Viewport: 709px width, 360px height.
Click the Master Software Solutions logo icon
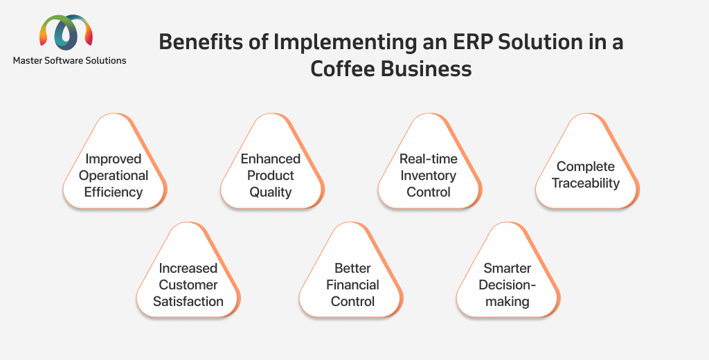[66, 32]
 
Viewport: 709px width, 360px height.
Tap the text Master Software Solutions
[70, 61]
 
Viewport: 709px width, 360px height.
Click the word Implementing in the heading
[345, 43]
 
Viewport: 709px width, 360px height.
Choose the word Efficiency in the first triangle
[114, 192]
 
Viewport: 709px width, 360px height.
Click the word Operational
[114, 175]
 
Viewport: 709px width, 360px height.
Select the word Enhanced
[271, 159]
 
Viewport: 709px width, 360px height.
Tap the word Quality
[271, 192]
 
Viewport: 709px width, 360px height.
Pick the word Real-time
[428, 159]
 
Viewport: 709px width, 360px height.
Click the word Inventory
[428, 175]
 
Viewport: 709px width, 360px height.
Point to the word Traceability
[586, 183]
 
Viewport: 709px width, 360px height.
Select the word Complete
[586, 167]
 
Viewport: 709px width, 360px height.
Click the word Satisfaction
[188, 301]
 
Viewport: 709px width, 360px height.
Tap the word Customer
[188, 285]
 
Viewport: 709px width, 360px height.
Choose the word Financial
[352, 285]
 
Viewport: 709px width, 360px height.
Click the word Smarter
[508, 268]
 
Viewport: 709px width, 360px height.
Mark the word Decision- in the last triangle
[508, 285]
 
